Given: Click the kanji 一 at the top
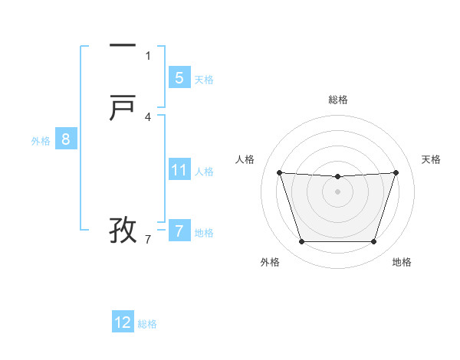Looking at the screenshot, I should click(x=123, y=45).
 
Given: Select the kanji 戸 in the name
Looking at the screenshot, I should click(x=123, y=109).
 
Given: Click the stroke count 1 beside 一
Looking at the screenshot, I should click(x=148, y=55).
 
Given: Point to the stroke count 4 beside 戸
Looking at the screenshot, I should click(x=148, y=117).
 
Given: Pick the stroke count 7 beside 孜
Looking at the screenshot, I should click(x=148, y=240).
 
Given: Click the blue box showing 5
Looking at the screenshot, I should click(x=179, y=77).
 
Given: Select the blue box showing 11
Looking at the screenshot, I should click(x=179, y=169).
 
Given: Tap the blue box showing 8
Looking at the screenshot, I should click(x=66, y=139).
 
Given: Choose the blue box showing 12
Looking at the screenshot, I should click(x=123, y=322).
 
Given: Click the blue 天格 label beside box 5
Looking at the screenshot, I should click(x=204, y=80).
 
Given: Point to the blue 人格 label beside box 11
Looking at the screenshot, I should click(x=204, y=172).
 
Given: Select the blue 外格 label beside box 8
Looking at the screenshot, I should click(x=41, y=141).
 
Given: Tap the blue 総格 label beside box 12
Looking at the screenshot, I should click(x=147, y=324).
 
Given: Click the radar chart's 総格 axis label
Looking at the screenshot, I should click(x=338, y=100).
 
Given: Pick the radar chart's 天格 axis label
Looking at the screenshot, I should click(x=431, y=159).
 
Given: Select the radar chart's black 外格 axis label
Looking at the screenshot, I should click(x=270, y=262).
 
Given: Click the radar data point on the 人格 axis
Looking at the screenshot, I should click(x=279, y=172).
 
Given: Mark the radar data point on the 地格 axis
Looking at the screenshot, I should click(x=373, y=242).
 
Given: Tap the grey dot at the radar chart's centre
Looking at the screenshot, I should click(x=337, y=191).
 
